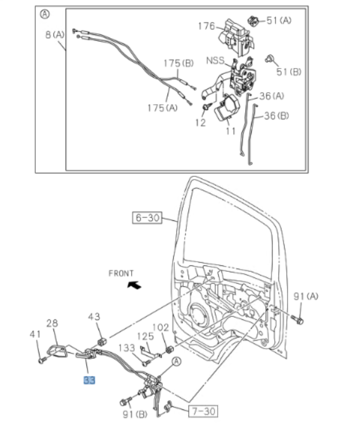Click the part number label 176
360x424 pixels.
tap(206, 26)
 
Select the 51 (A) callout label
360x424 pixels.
tap(279, 20)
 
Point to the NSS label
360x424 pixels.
tap(215, 61)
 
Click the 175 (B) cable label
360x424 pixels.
tap(178, 63)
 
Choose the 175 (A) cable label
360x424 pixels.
tap(162, 108)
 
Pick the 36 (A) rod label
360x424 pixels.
tap(272, 96)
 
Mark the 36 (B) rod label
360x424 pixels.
tap(276, 115)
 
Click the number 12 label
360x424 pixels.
tap(200, 123)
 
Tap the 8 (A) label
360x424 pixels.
tap(55, 34)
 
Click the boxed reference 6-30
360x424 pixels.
tap(147, 218)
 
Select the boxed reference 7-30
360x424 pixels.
tap(201, 411)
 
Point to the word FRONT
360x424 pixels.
tap(121, 273)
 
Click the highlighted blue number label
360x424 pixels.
tap(89, 381)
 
